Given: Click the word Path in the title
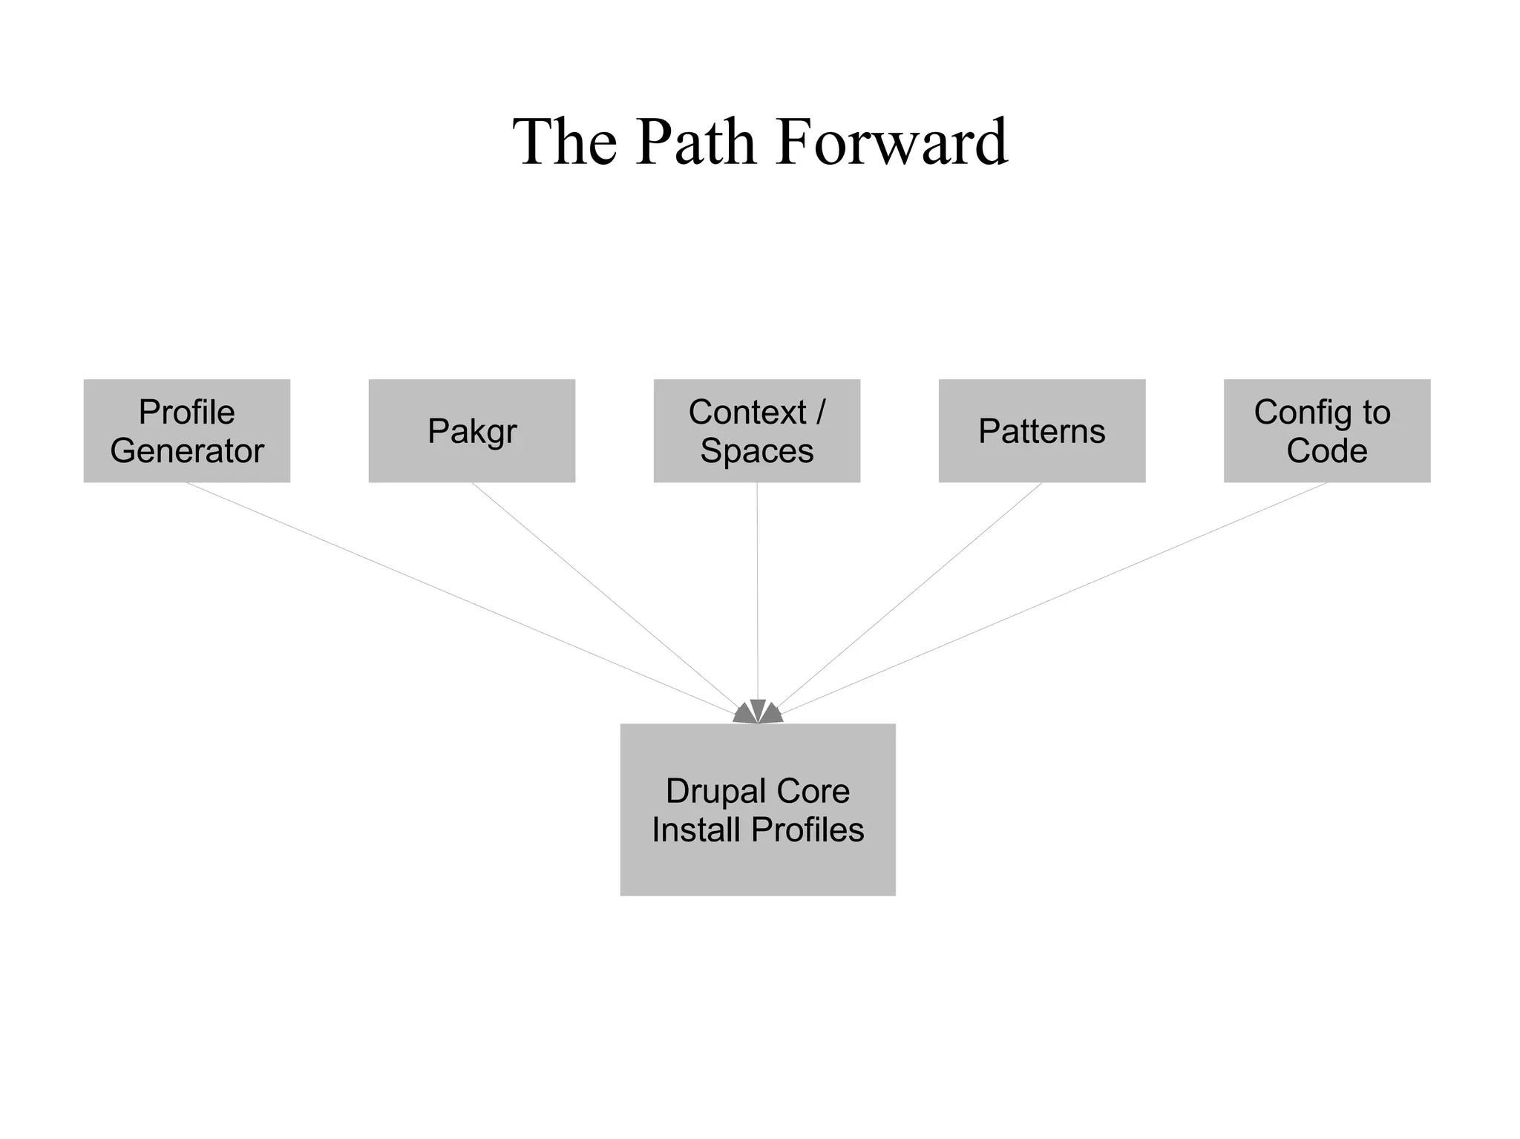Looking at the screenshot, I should [x=695, y=142].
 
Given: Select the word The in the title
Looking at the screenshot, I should [x=564, y=142].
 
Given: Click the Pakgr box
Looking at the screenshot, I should [x=472, y=431].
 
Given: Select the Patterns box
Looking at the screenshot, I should [x=1041, y=431].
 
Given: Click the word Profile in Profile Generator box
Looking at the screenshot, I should [x=186, y=412].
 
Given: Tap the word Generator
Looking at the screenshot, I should [x=186, y=450].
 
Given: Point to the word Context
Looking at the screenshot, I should [x=747, y=412].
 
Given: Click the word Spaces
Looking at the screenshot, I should [x=756, y=450].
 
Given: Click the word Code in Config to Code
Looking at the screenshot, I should [x=1326, y=450].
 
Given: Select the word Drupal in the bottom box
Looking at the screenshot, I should [x=714, y=791].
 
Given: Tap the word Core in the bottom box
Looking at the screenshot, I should [x=814, y=791].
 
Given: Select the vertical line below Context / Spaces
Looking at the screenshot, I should [x=757, y=594].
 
